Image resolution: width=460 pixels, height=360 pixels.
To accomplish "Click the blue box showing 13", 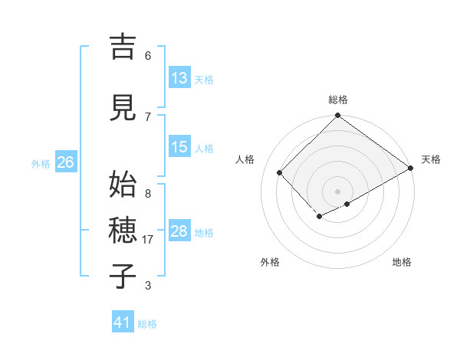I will click(179, 78).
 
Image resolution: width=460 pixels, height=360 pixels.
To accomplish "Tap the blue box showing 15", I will click(179, 147).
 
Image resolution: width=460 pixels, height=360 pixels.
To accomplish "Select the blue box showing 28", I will click(179, 231).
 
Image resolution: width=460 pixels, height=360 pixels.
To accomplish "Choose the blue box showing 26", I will click(65, 162).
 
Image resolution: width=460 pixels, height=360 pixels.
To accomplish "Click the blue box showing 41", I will click(123, 322).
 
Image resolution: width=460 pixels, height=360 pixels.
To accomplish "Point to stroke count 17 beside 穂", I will click(149, 240).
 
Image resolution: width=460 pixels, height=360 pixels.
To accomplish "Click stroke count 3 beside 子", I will click(148, 286).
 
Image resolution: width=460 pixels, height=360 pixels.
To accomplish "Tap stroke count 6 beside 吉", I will click(148, 56).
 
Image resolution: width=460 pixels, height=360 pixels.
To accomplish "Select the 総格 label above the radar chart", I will click(338, 100).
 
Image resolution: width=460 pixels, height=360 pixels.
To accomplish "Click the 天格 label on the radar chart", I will click(431, 159).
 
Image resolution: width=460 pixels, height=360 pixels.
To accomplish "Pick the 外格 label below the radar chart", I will click(270, 262).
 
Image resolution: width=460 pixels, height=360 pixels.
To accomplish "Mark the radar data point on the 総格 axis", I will click(337, 116).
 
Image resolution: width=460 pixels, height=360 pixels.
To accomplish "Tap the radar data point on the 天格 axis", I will click(412, 168).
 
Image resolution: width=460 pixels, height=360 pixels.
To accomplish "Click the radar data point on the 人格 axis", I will click(280, 172).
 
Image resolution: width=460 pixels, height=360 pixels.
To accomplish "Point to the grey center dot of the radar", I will click(337, 191).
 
